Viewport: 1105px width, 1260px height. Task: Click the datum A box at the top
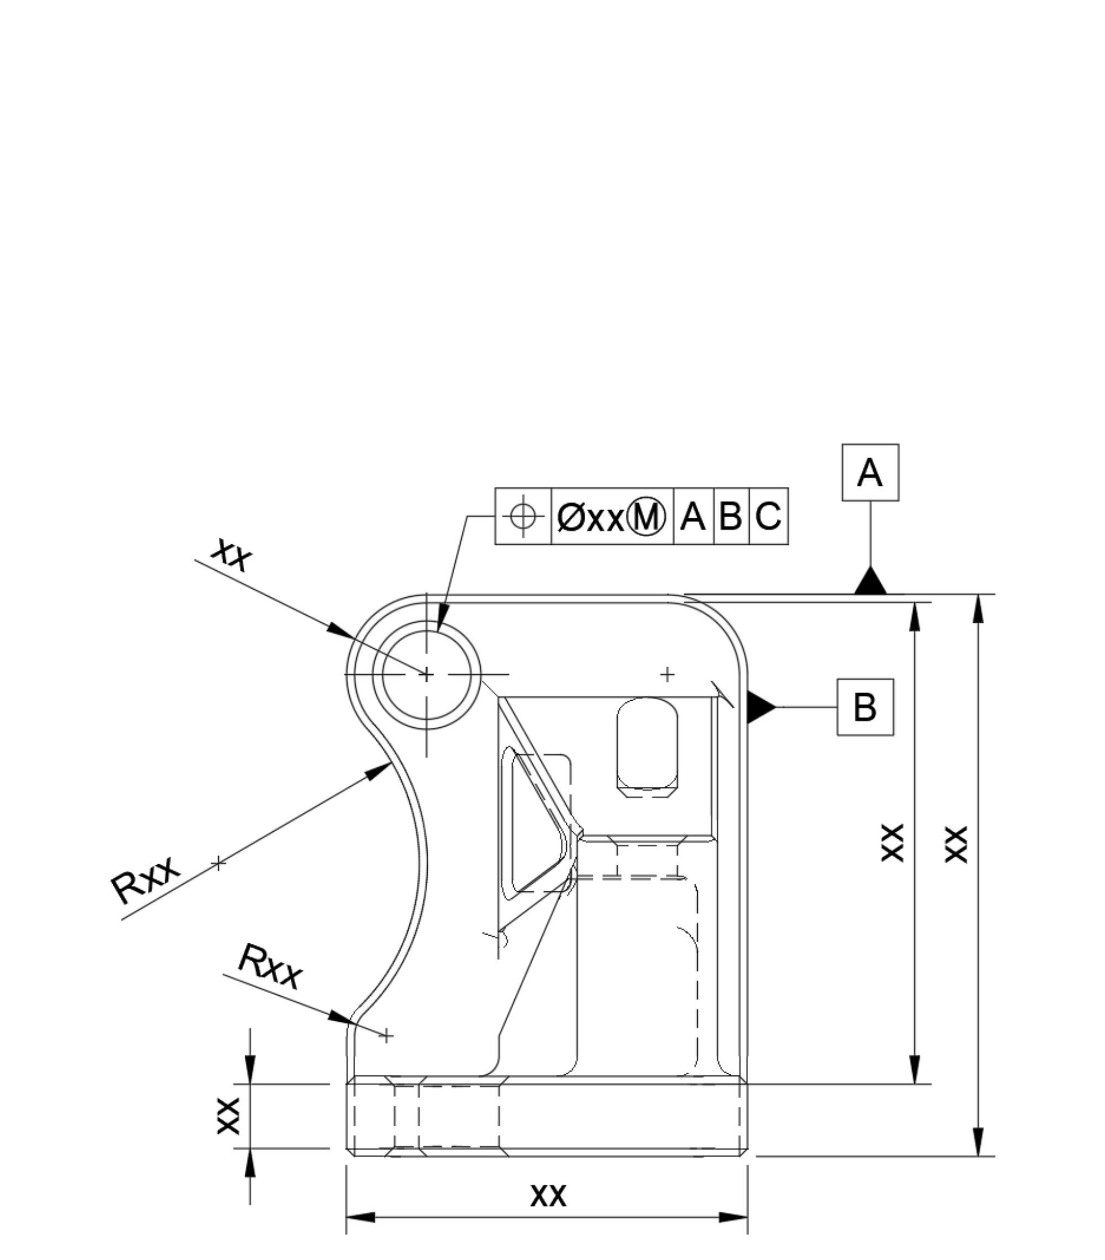click(870, 472)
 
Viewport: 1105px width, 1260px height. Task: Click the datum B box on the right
click(865, 706)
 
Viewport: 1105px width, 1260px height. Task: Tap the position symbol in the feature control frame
click(523, 516)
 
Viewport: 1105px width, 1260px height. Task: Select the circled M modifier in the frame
click(646, 516)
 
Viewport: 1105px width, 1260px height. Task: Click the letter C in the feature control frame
click(768, 516)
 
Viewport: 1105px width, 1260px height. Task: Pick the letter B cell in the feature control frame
click(731, 516)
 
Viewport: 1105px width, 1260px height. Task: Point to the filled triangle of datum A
click(870, 582)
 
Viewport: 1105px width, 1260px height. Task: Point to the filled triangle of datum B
click(759, 706)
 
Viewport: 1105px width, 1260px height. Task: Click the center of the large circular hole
click(427, 675)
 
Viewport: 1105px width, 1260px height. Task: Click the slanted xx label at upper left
click(231, 554)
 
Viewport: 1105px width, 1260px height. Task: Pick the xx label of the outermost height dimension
click(956, 844)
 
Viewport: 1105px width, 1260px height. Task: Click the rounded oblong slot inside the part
click(646, 747)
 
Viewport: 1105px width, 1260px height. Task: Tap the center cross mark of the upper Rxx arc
click(218, 864)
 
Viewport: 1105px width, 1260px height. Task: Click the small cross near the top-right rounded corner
click(667, 674)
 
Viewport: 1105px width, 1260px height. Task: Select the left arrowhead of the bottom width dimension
click(359, 1217)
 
